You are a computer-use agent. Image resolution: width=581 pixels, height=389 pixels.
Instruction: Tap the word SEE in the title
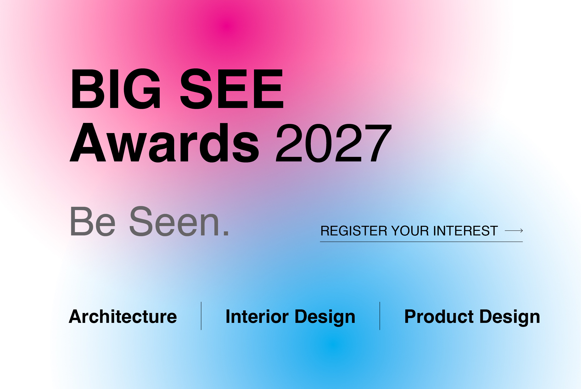pyautogui.click(x=232, y=89)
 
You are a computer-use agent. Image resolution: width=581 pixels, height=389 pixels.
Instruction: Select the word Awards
pyautogui.click(x=165, y=143)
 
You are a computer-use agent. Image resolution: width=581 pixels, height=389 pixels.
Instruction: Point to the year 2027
pyautogui.click(x=334, y=143)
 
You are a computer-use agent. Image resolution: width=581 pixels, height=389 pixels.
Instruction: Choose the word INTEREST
pyautogui.click(x=465, y=231)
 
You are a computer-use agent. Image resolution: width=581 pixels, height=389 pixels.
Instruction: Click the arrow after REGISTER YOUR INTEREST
pyautogui.click(x=514, y=231)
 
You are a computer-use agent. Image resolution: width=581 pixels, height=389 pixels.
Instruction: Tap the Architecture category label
pyautogui.click(x=123, y=317)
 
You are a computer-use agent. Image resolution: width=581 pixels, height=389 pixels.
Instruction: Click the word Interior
pyautogui.click(x=257, y=317)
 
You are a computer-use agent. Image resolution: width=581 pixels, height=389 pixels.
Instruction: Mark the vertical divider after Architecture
pyautogui.click(x=201, y=316)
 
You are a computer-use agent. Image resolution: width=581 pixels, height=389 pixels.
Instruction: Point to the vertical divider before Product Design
pyautogui.click(x=380, y=316)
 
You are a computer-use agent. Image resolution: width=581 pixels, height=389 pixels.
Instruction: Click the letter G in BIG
pyautogui.click(x=142, y=89)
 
